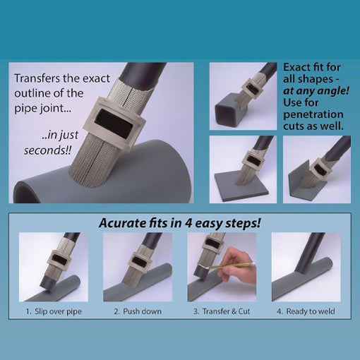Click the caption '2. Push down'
tap(137, 311)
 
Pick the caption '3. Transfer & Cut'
tap(222, 311)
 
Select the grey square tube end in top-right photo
tap(229, 113)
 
